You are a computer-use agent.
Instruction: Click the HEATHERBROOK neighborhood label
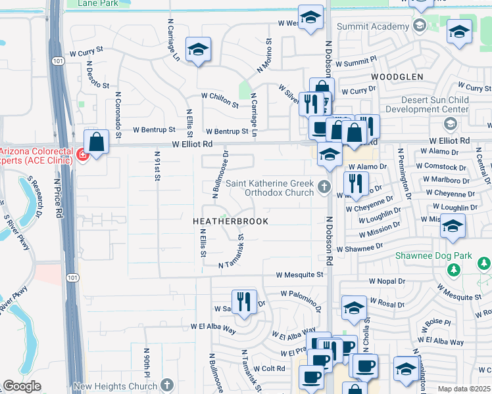(x=230, y=221)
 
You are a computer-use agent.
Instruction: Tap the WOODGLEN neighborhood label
(x=397, y=77)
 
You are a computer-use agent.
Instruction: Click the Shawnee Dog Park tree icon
(x=453, y=269)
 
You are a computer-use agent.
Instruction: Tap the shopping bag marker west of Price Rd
(x=97, y=142)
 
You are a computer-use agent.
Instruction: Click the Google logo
(x=22, y=386)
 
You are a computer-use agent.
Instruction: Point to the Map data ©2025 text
(x=464, y=389)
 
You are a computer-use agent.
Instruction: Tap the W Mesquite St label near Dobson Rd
(x=299, y=274)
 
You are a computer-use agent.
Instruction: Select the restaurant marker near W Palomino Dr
(x=244, y=302)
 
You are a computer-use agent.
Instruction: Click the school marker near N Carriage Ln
(x=197, y=49)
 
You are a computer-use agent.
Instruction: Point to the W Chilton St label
(x=220, y=96)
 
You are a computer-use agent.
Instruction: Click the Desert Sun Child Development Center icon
(x=451, y=123)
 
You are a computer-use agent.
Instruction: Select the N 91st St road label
(x=157, y=167)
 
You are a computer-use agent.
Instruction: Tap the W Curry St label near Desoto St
(x=87, y=50)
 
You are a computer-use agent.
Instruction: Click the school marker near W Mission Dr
(x=453, y=227)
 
